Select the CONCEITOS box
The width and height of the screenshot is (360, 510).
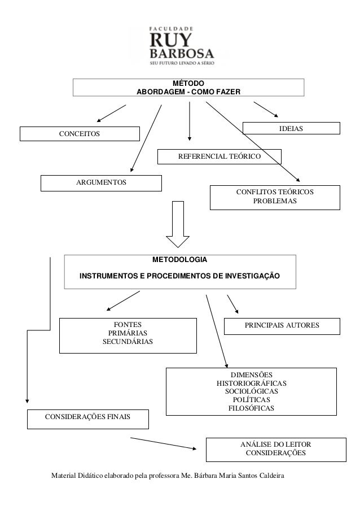[80, 134]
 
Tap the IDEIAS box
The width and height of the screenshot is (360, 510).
[291, 129]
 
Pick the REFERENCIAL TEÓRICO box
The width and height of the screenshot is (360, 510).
[219, 156]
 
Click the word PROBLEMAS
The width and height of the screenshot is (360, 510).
[275, 202]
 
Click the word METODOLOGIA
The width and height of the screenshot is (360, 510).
[180, 260]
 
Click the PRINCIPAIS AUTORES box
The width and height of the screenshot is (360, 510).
[282, 326]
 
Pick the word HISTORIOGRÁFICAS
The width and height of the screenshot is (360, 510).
[252, 383]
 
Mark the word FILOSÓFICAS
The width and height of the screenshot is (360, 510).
[251, 407]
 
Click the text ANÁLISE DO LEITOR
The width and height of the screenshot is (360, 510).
[275, 445]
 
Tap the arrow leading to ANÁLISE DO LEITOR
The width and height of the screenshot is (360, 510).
[164, 443]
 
